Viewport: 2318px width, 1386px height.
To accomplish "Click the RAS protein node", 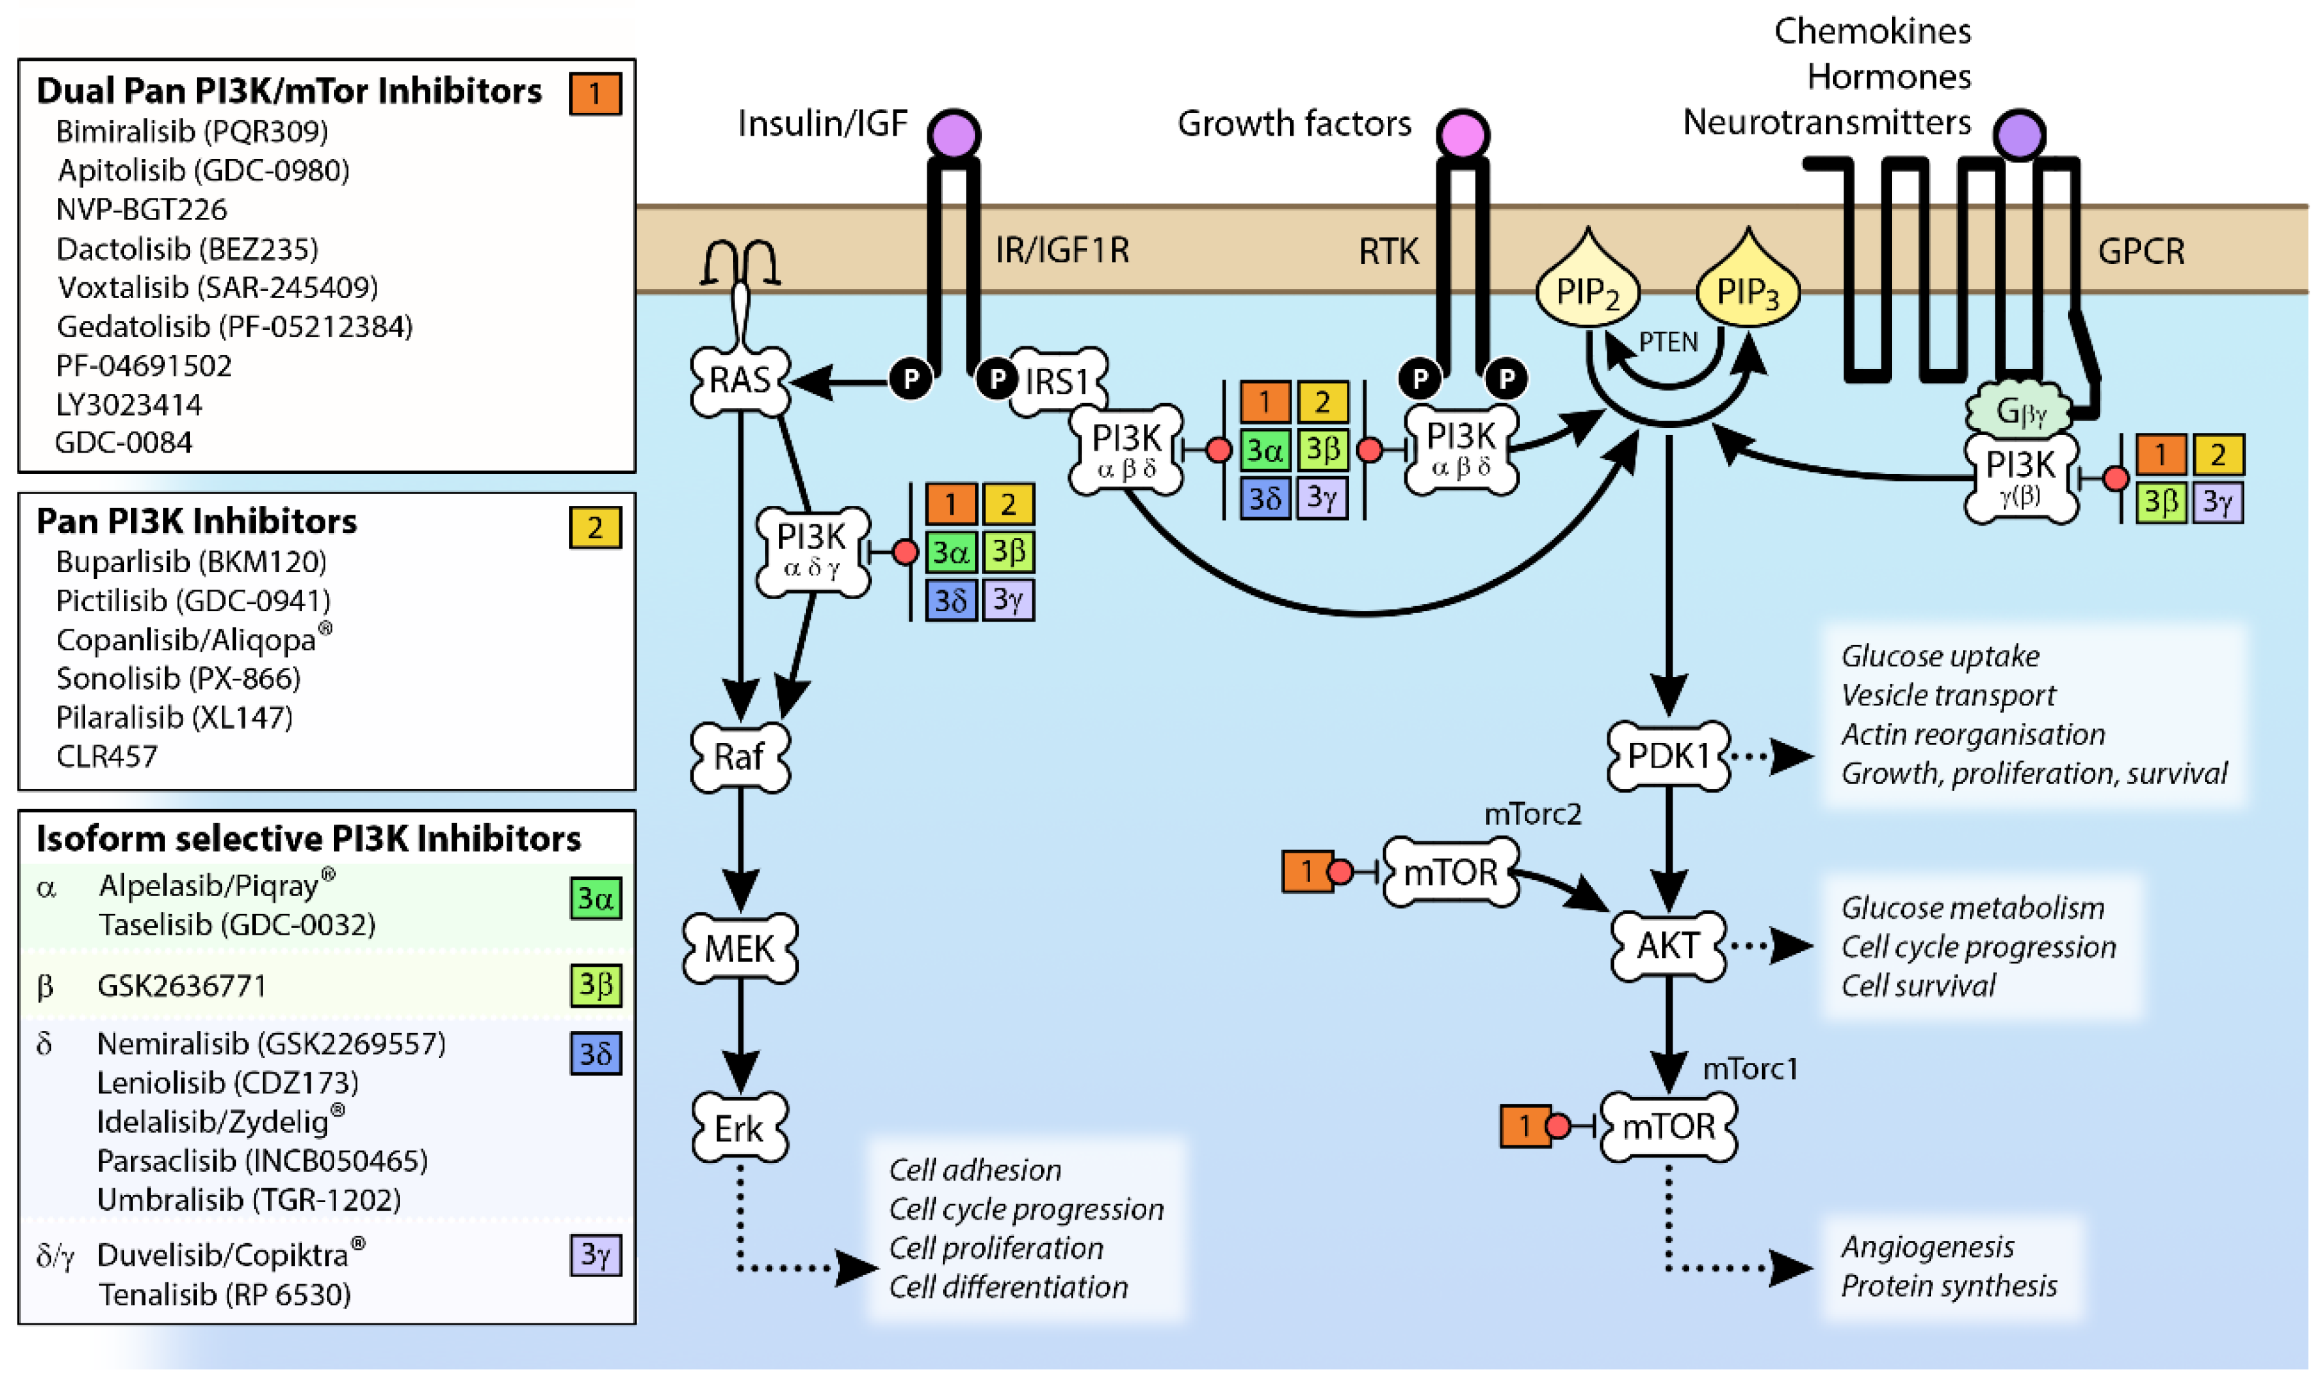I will [739, 381].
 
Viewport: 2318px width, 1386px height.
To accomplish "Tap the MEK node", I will [739, 949].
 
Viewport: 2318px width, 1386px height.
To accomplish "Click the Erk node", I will [739, 1128].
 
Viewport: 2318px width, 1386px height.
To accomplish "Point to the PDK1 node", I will [1668, 755].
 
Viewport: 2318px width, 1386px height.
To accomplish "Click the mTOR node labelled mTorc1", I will [1668, 1126].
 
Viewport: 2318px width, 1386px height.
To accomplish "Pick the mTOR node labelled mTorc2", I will [1450, 872].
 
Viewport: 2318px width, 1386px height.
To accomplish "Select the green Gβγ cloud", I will [2018, 411].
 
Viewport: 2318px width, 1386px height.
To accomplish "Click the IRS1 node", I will [1058, 381].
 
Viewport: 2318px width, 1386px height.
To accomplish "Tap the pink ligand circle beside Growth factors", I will [1462, 134].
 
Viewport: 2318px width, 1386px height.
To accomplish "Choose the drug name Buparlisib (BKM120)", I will [191, 562].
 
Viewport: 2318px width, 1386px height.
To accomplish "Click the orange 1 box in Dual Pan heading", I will [595, 93].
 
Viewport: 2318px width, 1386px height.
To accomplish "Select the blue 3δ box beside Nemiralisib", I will [595, 1053].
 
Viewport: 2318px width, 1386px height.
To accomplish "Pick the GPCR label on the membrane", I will [2140, 251].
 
